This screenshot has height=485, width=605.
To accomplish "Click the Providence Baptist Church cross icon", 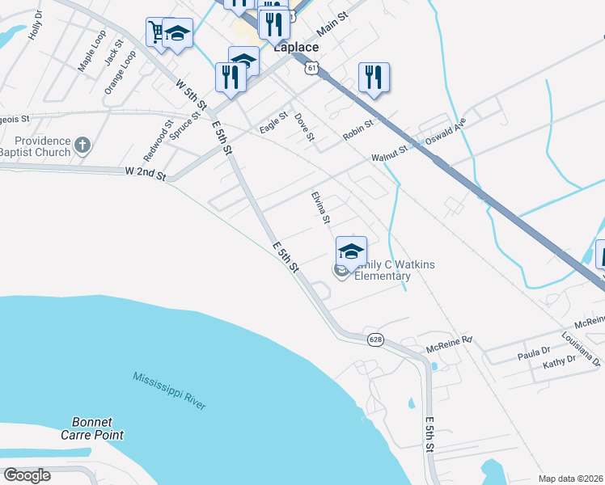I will click(82, 145).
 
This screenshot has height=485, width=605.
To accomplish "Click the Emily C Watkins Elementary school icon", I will click(351, 251).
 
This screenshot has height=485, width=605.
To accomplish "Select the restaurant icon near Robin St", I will click(374, 78).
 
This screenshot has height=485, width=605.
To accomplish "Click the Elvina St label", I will click(321, 209).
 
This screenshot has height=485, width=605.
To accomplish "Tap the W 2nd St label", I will click(146, 173).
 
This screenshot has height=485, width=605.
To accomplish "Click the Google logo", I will click(27, 475).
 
